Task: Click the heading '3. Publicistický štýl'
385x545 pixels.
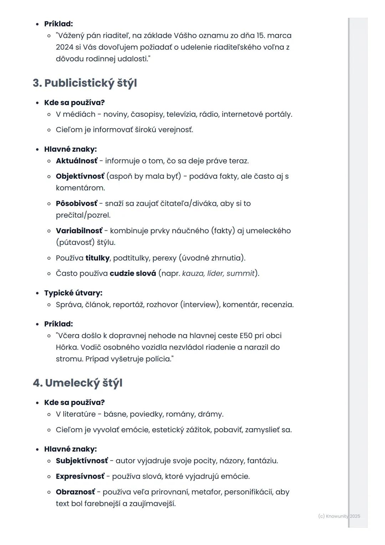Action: pyautogui.click(x=84, y=83)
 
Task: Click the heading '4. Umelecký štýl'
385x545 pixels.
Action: pyautogui.click(x=77, y=383)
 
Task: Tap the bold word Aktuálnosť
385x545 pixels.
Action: pyautogui.click(x=76, y=161)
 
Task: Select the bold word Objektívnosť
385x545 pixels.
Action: pyautogui.click(x=80, y=176)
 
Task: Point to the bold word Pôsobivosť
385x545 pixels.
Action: pyautogui.click(x=76, y=203)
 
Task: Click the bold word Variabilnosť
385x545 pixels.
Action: pyautogui.click(x=79, y=231)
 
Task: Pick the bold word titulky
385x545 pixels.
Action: pyautogui.click(x=97, y=258)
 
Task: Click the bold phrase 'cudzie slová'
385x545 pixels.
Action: pyautogui.click(x=133, y=274)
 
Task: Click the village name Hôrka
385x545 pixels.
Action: pyautogui.click(x=67, y=347)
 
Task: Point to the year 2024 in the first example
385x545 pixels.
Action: pyautogui.click(x=65, y=47)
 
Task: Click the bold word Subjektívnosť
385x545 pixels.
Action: pyautogui.click(x=82, y=461)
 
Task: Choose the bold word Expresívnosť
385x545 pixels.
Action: pyautogui.click(x=80, y=477)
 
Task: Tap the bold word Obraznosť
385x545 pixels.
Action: pyautogui.click(x=75, y=492)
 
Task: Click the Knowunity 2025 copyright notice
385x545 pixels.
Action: pyautogui.click(x=339, y=516)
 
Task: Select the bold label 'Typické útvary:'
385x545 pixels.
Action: pyautogui.click(x=73, y=293)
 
